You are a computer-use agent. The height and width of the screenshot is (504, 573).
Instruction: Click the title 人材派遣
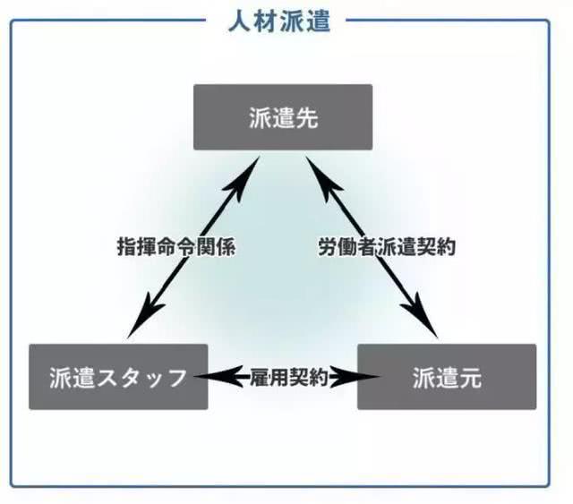[278, 21]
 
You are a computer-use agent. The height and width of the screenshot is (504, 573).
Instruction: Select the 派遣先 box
[283, 117]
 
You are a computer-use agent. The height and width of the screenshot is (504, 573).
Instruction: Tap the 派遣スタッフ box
[118, 377]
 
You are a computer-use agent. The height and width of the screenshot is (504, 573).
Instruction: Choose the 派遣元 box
[447, 377]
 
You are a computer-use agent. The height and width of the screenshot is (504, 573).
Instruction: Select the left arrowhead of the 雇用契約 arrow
[208, 377]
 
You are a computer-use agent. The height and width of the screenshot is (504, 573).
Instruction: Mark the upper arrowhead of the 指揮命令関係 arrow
[251, 168]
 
